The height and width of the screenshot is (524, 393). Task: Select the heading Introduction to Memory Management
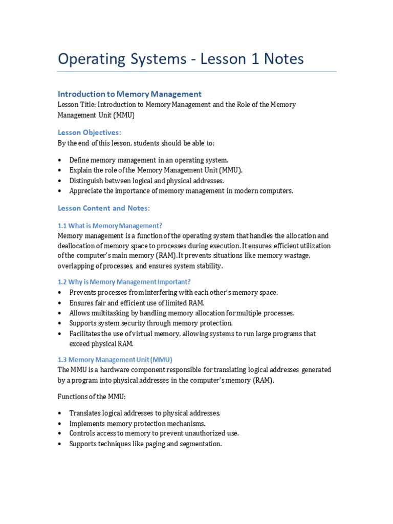pos(129,94)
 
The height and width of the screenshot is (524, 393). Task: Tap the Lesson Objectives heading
pos(90,133)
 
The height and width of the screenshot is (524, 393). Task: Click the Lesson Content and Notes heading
pos(104,208)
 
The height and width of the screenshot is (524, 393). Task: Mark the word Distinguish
pos(88,181)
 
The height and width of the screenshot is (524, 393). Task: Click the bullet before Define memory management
pos(60,160)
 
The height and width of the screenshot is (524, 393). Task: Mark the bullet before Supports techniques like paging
pos(60,444)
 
